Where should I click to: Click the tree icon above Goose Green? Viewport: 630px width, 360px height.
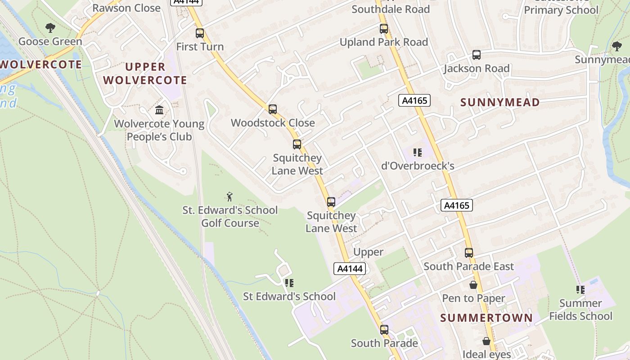50,28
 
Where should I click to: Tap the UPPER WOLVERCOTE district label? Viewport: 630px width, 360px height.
145,73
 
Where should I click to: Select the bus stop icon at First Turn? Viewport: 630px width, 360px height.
200,33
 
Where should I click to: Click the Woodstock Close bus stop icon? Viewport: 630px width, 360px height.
273,109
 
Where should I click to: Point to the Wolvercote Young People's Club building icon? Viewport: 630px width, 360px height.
159,110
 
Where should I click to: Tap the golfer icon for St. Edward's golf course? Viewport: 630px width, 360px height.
230,197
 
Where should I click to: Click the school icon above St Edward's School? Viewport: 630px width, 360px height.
289,283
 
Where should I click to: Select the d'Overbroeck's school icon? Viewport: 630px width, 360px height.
418,153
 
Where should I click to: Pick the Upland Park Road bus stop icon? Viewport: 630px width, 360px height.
384,29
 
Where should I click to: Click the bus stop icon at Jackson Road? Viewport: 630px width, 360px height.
477,55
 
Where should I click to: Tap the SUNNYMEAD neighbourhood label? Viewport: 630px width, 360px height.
500,103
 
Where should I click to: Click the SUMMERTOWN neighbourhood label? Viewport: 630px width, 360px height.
486,318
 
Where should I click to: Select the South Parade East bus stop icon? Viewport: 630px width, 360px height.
469,253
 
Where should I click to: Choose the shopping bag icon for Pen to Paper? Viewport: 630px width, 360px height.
473,285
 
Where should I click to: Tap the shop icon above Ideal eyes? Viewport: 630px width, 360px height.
486,342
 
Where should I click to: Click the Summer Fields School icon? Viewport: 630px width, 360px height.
580,290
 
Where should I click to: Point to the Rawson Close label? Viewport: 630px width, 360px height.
126,8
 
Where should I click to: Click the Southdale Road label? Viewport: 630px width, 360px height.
391,9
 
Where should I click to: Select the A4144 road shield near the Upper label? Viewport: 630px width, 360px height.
350,269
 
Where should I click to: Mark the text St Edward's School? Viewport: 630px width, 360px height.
289,297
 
